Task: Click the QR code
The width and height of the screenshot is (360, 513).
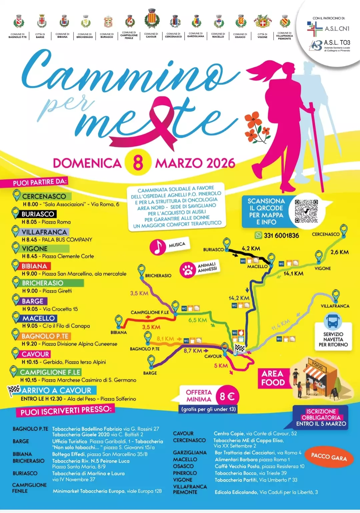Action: click(306, 211)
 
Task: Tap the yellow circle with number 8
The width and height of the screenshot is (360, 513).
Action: click(138, 162)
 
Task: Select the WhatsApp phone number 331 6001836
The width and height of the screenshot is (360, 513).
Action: click(281, 235)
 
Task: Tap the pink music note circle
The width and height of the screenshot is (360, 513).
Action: click(158, 247)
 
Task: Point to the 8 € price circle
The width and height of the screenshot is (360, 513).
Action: click(227, 396)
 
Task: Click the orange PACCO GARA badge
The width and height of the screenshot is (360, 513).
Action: click(329, 457)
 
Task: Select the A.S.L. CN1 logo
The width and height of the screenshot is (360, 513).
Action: click(328, 28)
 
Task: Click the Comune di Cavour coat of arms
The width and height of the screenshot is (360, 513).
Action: click(152, 19)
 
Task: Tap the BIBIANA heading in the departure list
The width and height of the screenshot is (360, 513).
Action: click(34, 266)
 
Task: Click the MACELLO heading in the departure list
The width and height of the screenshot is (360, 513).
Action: click(38, 318)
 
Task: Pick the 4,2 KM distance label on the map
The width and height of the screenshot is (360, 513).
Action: click(251, 248)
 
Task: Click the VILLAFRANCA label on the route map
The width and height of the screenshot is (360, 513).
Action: click(335, 306)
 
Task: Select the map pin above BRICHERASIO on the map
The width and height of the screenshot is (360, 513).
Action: click(142, 269)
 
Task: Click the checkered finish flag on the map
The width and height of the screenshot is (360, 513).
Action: click(239, 349)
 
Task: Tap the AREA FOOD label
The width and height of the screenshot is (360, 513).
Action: click(273, 378)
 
